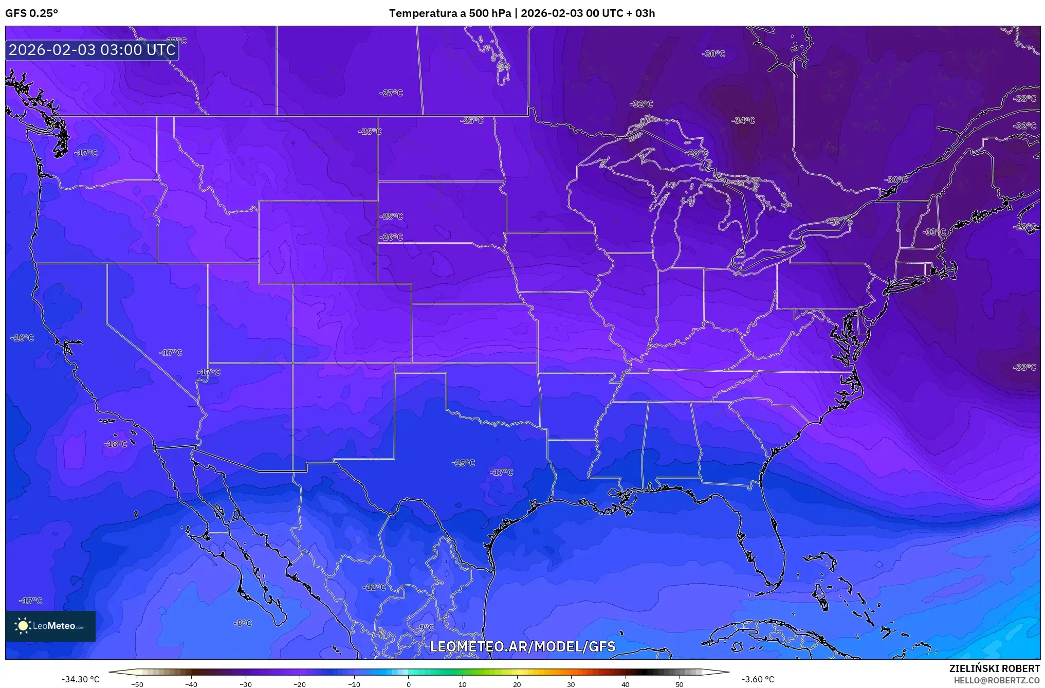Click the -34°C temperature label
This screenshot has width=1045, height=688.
pos(743,120)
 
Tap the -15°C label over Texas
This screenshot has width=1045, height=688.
pos(463,463)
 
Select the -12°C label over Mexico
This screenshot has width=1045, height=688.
pos(374,587)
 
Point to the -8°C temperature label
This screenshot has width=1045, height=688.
pos(243,623)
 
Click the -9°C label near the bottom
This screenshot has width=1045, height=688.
pos(425,627)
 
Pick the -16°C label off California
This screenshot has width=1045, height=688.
pos(22,338)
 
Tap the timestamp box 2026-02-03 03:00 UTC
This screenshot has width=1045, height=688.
pos(92,50)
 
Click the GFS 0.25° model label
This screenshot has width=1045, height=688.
pos(32,13)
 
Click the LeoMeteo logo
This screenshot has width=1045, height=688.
pos(50,626)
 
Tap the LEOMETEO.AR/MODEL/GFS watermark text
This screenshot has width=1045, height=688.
pos(522,646)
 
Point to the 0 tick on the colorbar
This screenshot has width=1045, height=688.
pos(409,684)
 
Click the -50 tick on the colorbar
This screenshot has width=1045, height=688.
pos(137,684)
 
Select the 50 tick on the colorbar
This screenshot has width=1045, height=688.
pos(680,684)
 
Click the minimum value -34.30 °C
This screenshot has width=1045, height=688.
pos(81,679)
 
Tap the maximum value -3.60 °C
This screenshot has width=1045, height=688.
pos(758,679)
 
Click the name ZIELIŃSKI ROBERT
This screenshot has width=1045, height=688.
pos(994,668)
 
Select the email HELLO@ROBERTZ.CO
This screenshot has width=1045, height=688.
pos(997,680)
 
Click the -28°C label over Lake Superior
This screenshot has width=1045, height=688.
pos(697,153)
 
